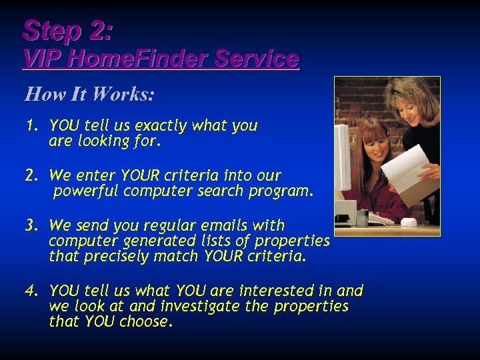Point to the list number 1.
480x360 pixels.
(30, 126)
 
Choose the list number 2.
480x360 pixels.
(30, 176)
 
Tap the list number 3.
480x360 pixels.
(30, 225)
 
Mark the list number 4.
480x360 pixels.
(30, 291)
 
